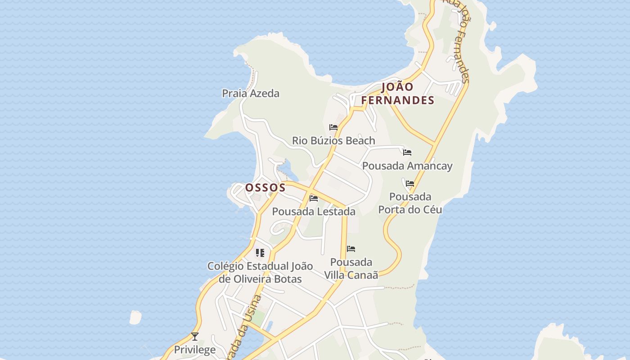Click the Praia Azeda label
click(x=251, y=94)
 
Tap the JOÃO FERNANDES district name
click(x=398, y=94)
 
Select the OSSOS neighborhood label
click(x=265, y=188)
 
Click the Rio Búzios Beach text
click(x=333, y=141)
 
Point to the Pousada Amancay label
click(x=407, y=166)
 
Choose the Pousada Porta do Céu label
click(x=410, y=203)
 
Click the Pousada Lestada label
click(x=314, y=211)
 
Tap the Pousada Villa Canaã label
click(x=351, y=269)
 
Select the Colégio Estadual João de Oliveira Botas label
click(x=260, y=272)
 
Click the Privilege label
click(x=195, y=350)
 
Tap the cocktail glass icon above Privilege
click(x=195, y=336)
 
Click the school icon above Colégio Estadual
click(x=260, y=253)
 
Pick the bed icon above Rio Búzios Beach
click(x=333, y=127)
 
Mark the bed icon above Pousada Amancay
click(x=407, y=153)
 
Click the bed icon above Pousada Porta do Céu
click(x=410, y=184)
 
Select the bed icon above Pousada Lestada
click(x=314, y=198)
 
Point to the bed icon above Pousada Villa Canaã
click(x=351, y=249)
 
